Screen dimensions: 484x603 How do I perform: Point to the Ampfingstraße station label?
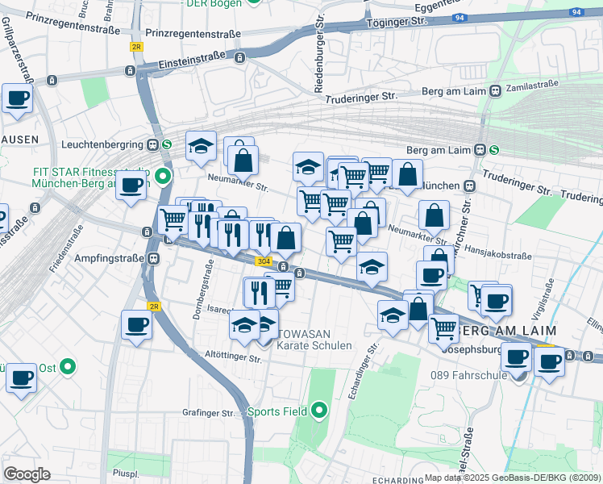(x=104, y=259)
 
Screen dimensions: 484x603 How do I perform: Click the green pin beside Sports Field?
(x=319, y=411)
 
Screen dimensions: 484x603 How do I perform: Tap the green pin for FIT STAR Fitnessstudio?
(x=163, y=175)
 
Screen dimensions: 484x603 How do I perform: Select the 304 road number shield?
(x=263, y=261)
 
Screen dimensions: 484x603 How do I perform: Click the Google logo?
(x=27, y=474)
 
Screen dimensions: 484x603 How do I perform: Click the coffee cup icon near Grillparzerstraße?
(x=17, y=100)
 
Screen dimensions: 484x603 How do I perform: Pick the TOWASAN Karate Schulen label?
(x=314, y=338)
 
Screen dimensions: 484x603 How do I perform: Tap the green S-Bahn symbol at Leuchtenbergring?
(x=166, y=145)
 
